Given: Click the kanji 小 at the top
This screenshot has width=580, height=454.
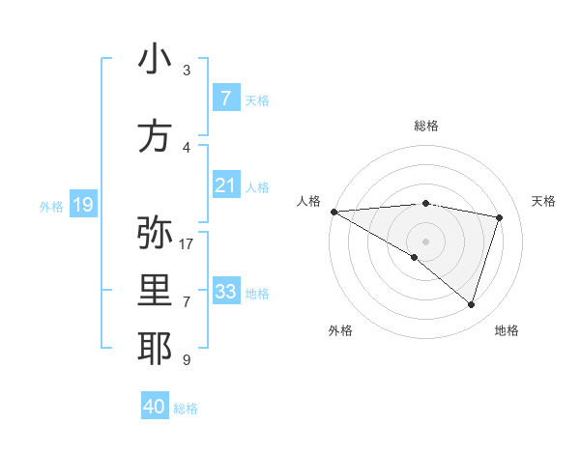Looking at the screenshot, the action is tap(155, 59).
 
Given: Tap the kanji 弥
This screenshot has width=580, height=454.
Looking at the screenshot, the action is tap(155, 232).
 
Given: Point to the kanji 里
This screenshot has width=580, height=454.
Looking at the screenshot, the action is tap(155, 292).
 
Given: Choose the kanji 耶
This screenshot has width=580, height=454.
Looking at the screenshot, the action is tap(155, 349).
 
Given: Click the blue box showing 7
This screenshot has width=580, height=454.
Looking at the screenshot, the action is tap(225, 99).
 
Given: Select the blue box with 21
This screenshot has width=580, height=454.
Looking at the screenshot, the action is tap(225, 185).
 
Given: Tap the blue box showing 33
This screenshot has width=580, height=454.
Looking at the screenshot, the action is tap(225, 292).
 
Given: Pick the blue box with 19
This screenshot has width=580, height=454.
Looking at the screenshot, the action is tap(83, 205).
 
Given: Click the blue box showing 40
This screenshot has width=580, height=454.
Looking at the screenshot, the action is tap(155, 407).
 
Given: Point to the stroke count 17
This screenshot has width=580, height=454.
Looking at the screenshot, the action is tap(187, 243).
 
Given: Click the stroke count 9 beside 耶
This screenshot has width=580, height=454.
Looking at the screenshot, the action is tap(187, 360).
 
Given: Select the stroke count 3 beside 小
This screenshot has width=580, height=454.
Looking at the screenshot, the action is tap(187, 71).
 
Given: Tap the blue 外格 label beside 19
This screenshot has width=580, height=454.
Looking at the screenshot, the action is tap(51, 206).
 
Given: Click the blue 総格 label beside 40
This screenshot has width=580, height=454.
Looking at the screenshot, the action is tap(186, 408).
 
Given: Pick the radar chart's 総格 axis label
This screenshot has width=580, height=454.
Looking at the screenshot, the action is tap(426, 127).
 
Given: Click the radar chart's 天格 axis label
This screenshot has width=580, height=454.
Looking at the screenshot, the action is tap(543, 201).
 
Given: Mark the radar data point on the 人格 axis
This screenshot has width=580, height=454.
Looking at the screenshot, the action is tap(333, 212).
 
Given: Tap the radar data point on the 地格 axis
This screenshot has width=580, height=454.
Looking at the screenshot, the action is tap(471, 304).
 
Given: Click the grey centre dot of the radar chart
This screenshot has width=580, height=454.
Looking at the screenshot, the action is tap(425, 240).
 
